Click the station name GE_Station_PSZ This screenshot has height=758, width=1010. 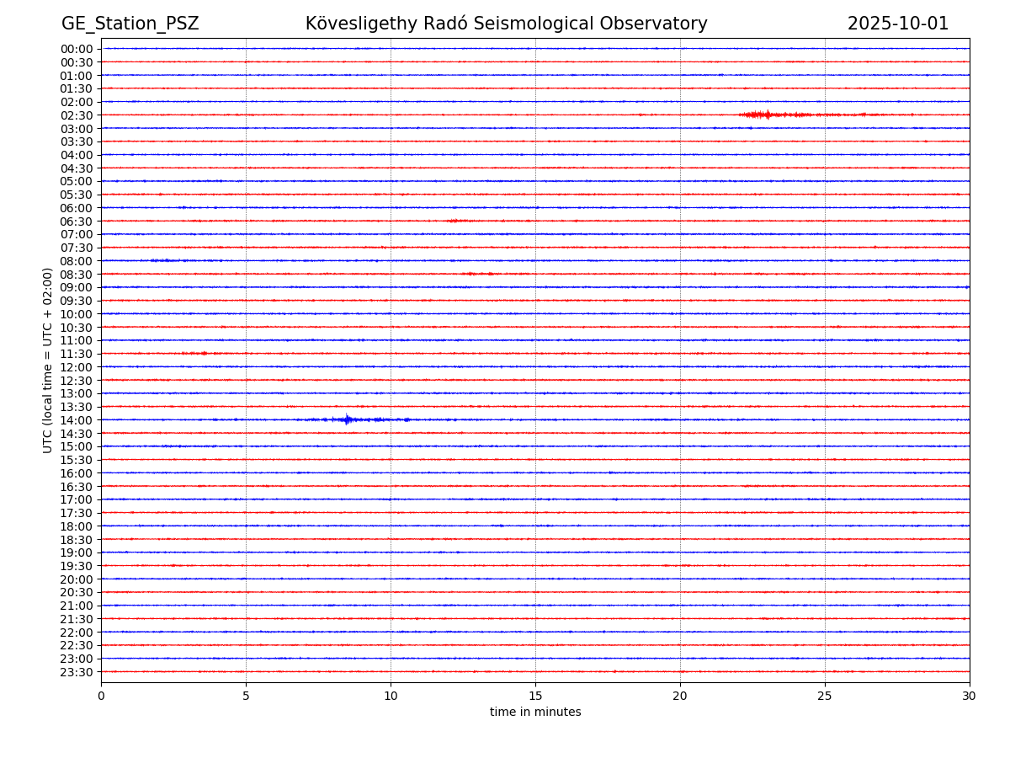tap(130, 24)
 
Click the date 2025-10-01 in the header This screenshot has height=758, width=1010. tap(897, 24)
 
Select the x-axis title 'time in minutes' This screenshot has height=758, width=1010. tap(535, 713)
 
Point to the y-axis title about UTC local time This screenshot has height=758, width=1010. tap(48, 360)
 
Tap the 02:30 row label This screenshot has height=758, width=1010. tap(77, 115)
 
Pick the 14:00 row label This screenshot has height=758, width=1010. tap(77, 420)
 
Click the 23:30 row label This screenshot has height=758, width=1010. tap(77, 672)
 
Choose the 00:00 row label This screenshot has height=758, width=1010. tap(77, 49)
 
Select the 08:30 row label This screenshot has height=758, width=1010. tap(77, 275)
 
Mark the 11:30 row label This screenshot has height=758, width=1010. tap(77, 354)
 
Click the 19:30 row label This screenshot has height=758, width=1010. tap(77, 566)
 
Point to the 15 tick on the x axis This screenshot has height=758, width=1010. tap(535, 697)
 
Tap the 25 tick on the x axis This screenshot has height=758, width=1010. tap(825, 697)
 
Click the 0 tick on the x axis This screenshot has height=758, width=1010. tap(101, 697)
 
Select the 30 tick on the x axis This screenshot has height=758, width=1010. tap(970, 697)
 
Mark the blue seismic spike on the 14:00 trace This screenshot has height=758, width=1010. tap(347, 419)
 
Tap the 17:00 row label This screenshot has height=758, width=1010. tap(77, 499)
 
